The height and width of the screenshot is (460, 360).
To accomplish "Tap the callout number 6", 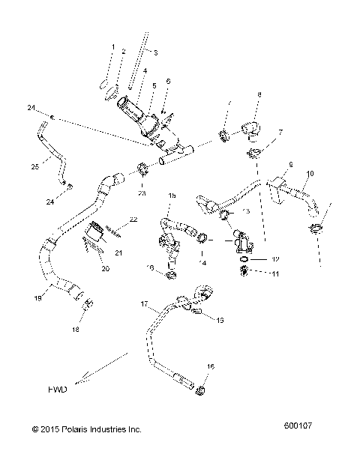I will tap(167, 80).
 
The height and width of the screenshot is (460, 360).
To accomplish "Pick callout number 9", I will tap(289, 163).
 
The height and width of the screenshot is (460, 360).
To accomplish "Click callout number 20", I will tap(105, 267).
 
